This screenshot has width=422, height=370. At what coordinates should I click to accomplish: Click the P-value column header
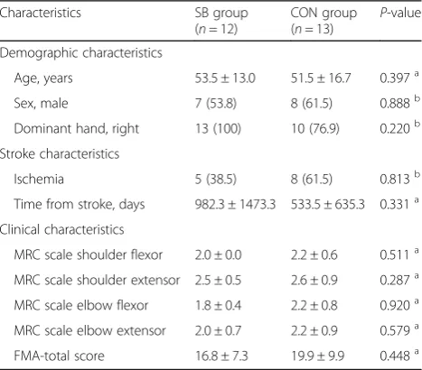pyautogui.click(x=400, y=13)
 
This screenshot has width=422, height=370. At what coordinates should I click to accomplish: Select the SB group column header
pyautogui.click(x=221, y=21)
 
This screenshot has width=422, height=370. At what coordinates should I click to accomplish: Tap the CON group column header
pyautogui.click(x=324, y=21)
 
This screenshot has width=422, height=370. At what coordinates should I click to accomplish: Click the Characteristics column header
pyautogui.click(x=41, y=13)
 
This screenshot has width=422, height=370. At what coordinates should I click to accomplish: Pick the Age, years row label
pyautogui.click(x=43, y=79)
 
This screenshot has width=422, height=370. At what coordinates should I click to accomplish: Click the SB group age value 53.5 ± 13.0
pyautogui.click(x=225, y=79)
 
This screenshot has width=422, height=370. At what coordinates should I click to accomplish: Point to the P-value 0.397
pyautogui.click(x=395, y=79)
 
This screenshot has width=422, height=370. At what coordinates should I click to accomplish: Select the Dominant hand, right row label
pyautogui.click(x=77, y=129)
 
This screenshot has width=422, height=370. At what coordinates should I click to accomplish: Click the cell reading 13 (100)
pyautogui.click(x=218, y=129)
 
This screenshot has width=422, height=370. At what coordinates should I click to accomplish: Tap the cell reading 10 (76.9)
pyautogui.click(x=315, y=129)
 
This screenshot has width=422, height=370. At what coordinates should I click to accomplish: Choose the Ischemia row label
pyautogui.click(x=39, y=179)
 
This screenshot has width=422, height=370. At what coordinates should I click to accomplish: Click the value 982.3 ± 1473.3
pyautogui.click(x=235, y=204)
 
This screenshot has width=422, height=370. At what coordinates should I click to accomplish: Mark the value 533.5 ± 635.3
pyautogui.click(x=328, y=204)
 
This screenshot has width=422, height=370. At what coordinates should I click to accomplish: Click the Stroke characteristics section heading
pyautogui.click(x=60, y=153)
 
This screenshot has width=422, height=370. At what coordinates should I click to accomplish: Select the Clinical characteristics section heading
pyautogui.click(x=62, y=229)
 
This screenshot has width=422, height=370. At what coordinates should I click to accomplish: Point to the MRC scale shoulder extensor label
pyautogui.click(x=97, y=280)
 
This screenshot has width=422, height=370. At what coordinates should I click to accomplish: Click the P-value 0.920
pyautogui.click(x=395, y=305)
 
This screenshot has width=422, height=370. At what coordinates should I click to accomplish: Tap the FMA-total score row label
pyautogui.click(x=60, y=356)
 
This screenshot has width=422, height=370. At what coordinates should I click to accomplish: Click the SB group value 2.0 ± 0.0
pyautogui.click(x=218, y=254)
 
